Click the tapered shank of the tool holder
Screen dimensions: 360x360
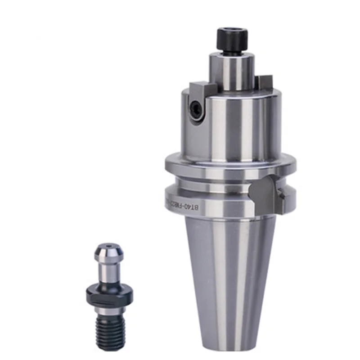coord(229,270)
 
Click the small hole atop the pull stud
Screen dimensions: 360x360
coord(108,246)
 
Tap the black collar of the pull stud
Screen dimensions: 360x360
coord(109,295)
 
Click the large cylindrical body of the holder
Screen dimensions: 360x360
coord(232,126)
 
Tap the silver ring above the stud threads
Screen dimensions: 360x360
coord(109,311)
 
